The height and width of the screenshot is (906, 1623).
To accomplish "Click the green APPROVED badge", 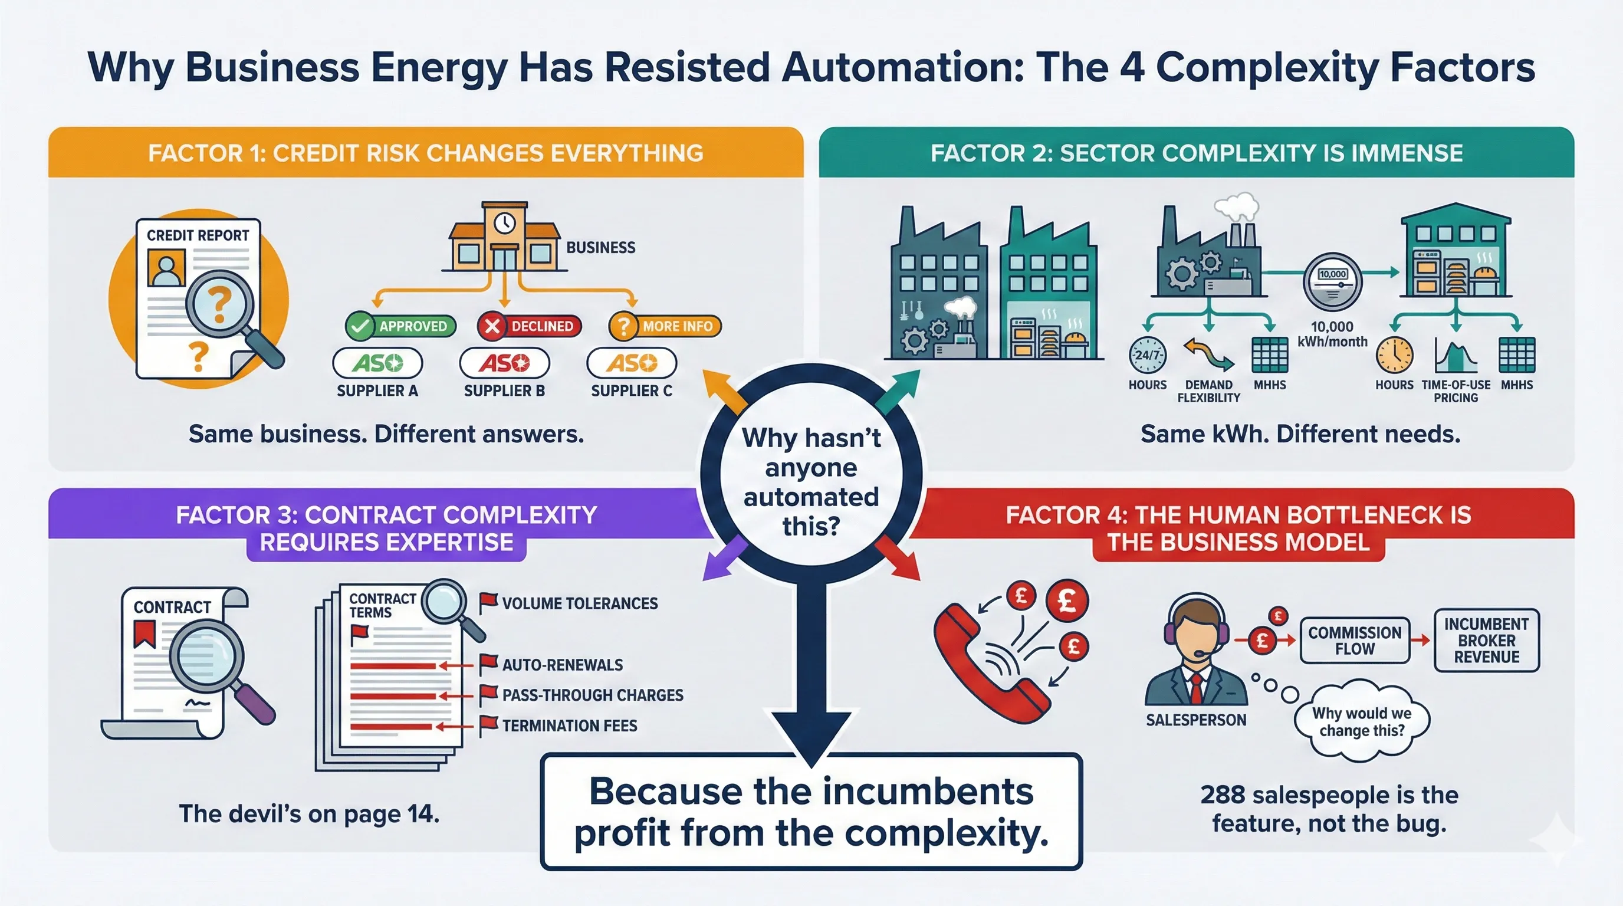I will (x=400, y=326).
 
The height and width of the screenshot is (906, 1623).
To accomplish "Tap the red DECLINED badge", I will (x=529, y=326).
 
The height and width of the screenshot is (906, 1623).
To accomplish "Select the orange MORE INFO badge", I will (x=665, y=326).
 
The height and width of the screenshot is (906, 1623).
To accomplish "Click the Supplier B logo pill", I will (x=504, y=363).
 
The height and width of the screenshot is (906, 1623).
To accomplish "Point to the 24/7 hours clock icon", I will (x=1147, y=355).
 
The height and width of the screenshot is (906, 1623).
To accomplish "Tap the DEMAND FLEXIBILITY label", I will (x=1208, y=391).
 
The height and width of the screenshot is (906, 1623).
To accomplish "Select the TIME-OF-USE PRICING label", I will (x=1456, y=391).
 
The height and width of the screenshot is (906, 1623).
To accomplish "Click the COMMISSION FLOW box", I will (x=1355, y=641).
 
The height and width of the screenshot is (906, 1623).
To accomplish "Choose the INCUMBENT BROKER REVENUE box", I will (x=1486, y=641).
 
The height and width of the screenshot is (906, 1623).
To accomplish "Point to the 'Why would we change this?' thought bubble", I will (x=1362, y=722).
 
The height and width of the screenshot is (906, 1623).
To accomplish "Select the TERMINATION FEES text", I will (x=570, y=726).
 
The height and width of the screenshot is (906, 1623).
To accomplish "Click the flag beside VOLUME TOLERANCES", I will (x=488, y=602).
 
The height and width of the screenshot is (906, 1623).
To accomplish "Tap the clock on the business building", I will (x=504, y=223).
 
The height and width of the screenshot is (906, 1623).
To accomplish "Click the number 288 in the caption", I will (x=1223, y=795).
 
